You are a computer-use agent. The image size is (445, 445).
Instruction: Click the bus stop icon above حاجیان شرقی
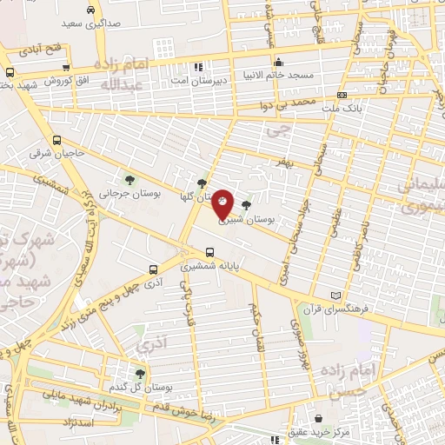[x=56, y=140]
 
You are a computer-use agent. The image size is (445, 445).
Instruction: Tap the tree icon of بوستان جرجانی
[x=130, y=181]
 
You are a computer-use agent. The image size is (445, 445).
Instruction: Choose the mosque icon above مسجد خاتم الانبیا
[x=278, y=62]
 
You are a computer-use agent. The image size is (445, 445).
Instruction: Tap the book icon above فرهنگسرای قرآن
[x=336, y=296]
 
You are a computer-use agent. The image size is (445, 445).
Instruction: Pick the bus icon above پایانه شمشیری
[x=209, y=252]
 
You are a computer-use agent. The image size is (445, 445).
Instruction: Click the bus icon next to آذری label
[x=152, y=269]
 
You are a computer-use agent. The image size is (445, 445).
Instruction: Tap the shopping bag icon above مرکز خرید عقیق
[x=318, y=418]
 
